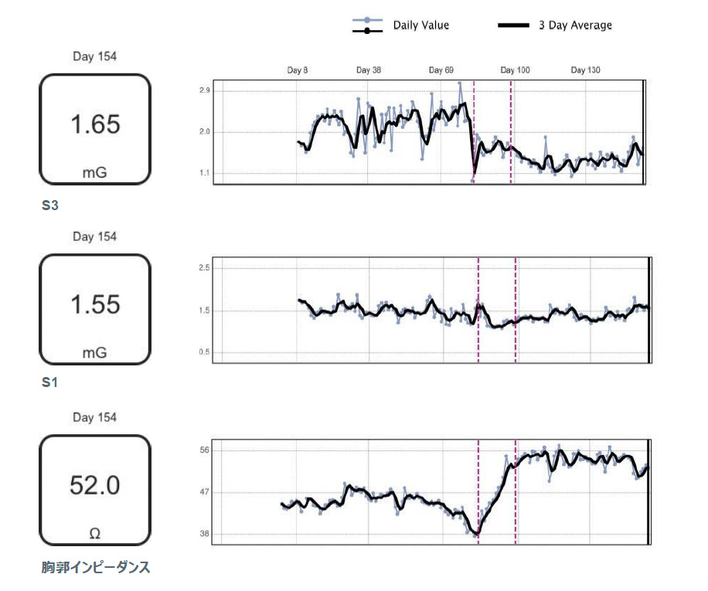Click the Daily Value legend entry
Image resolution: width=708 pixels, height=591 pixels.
420,25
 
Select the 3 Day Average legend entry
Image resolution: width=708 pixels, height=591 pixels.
574,25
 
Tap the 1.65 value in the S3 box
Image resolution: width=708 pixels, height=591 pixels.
95,124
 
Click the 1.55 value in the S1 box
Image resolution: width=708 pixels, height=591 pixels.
95,304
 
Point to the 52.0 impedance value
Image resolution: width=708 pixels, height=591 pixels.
95,485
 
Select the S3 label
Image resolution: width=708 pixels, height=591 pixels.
50,206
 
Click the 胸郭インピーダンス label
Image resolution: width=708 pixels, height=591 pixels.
96,568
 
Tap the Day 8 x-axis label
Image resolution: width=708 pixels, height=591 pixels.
298,70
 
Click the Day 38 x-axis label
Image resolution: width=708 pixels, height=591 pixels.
369,70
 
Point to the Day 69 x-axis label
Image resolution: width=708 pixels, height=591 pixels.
441,70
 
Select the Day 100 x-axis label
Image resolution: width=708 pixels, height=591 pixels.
515,70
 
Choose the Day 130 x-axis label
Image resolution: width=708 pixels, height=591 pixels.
585,70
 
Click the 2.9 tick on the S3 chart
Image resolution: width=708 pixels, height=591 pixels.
205,91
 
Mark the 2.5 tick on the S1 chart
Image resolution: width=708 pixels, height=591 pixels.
205,267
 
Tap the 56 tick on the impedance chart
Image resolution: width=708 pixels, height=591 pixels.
205,450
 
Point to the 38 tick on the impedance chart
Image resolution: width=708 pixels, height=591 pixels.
205,534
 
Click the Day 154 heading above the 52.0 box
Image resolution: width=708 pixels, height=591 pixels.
95,418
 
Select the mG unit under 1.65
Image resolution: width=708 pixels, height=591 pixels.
95,172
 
